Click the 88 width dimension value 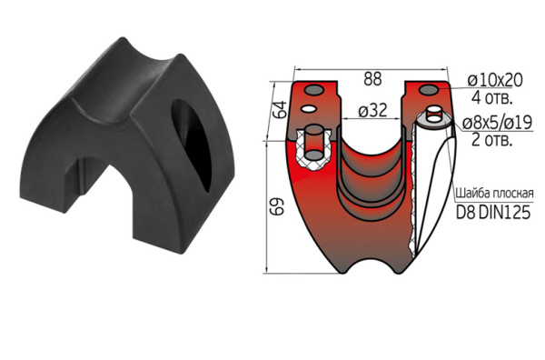click(372, 78)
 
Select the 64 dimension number click(281, 109)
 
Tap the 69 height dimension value click(277, 207)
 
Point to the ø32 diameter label click(372, 111)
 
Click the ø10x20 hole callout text click(495, 80)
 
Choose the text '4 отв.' click(491, 98)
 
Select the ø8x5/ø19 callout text click(497, 123)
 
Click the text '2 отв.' click(491, 140)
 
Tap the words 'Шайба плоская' click(494, 193)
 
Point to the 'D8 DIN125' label click(493, 212)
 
